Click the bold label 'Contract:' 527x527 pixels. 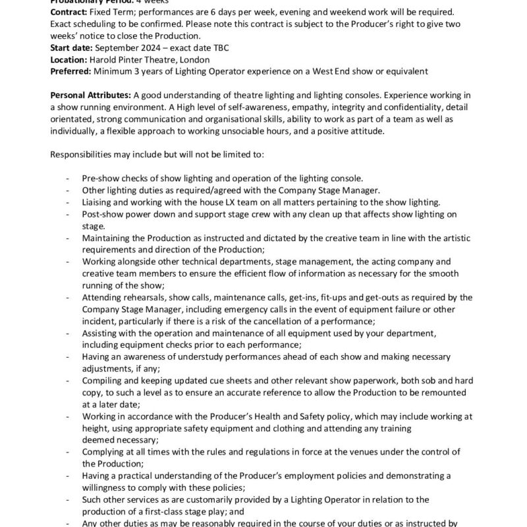click(71, 13)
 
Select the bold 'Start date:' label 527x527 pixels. click(72, 48)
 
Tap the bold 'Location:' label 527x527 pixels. click(69, 59)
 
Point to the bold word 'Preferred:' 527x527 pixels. click(71, 70)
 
